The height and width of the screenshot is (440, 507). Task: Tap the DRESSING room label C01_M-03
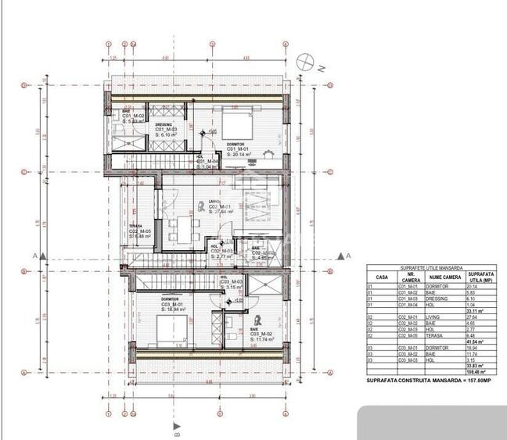(x=164, y=130)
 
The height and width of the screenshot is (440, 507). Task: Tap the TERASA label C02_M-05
(x=140, y=232)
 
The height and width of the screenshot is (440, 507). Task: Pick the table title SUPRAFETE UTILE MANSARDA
(x=429, y=267)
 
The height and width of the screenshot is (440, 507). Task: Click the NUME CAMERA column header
(x=443, y=277)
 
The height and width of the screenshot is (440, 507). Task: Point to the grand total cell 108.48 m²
(x=476, y=370)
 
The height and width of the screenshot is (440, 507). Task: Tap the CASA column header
(x=381, y=277)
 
